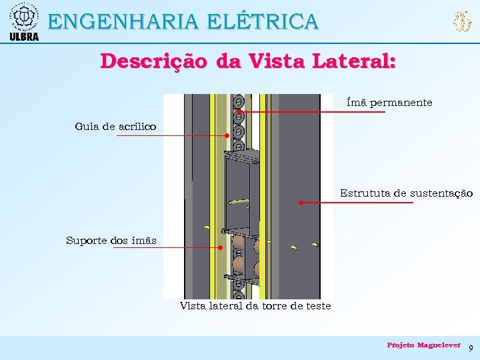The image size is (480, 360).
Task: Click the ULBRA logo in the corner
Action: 24,21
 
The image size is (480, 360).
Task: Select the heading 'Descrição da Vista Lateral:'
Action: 248,61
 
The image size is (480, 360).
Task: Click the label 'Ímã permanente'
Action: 389,103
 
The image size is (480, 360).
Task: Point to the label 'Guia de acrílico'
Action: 115,126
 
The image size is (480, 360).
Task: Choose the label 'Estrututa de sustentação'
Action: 406,193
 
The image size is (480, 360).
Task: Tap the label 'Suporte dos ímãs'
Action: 111,241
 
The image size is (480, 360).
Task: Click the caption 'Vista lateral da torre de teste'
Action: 255,306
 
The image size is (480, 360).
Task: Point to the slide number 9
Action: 471,348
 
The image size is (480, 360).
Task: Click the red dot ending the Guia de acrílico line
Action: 227,135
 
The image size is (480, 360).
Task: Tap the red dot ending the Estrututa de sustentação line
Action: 301,202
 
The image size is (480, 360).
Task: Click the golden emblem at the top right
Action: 461,23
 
